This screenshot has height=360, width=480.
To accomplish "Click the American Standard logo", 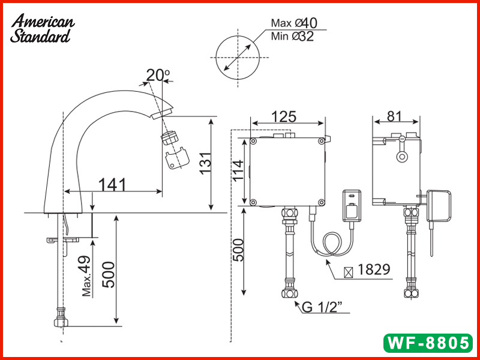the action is coord(42,28).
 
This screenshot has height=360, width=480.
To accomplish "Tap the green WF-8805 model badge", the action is coord(428,343).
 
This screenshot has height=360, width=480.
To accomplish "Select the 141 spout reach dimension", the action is coord(112,185).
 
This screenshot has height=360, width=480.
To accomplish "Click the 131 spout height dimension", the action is coord(206,163).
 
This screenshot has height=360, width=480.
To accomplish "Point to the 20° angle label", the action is coord(158,76).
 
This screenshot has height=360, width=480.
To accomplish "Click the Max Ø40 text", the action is coord(294,23).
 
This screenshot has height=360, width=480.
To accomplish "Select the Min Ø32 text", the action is coord(292,37).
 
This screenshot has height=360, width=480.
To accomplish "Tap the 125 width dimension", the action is coord(284,116).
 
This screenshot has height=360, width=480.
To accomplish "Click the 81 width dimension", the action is coord(394,116).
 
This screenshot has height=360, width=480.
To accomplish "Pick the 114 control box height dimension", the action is coord(238,170).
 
